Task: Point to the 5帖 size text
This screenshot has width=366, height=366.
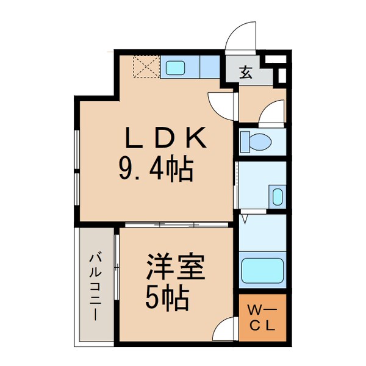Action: pos(166,298)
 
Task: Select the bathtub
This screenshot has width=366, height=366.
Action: pos(263,269)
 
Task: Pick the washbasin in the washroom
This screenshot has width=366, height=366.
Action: pos(277,197)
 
